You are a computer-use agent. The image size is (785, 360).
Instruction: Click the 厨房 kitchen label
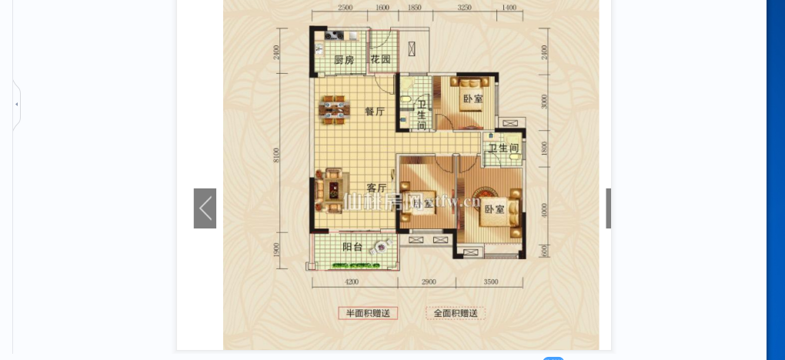click(344, 60)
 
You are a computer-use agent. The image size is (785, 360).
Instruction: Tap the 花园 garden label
click(380, 60)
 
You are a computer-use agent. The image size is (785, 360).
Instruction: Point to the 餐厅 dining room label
click(375, 112)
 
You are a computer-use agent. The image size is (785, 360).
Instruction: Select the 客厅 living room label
click(376, 188)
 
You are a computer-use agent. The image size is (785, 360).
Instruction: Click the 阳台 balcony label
click(352, 247)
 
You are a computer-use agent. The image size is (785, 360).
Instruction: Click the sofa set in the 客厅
click(332, 189)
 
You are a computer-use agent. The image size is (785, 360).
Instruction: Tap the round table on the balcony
click(380, 248)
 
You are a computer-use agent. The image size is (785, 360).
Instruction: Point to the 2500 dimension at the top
click(345, 7)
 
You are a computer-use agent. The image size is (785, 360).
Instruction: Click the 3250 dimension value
click(464, 7)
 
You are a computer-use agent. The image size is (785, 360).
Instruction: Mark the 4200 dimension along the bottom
click(352, 282)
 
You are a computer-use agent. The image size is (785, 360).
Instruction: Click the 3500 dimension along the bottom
click(492, 282)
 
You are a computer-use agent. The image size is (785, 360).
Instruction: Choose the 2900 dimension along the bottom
click(429, 282)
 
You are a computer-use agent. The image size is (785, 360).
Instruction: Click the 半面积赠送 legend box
click(368, 313)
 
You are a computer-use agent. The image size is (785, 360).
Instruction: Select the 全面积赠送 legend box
click(456, 313)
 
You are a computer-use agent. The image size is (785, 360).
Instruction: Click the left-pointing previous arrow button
click(205, 208)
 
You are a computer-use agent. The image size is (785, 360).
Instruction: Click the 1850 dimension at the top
click(415, 7)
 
